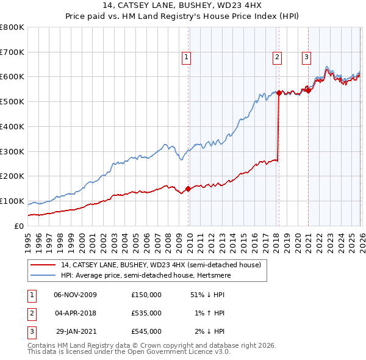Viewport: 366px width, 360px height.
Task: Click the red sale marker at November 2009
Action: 188,189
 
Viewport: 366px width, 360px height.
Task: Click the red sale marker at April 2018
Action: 279,93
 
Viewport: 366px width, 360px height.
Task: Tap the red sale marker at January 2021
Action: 309,90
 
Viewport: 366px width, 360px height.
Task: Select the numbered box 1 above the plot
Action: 186,57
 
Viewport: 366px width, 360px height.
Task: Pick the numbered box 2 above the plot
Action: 277,57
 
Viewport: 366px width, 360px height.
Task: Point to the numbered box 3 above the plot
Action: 306,57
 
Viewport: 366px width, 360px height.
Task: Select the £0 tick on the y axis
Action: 18,226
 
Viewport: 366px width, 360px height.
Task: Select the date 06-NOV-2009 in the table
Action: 75,295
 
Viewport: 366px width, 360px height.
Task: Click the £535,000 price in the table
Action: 146,313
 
